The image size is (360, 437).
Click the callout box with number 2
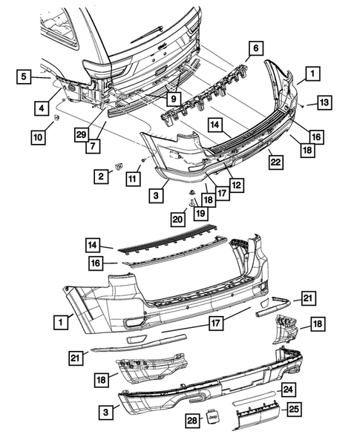click(x=98, y=176)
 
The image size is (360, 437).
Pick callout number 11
click(x=132, y=178)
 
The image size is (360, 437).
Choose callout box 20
click(x=177, y=219)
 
